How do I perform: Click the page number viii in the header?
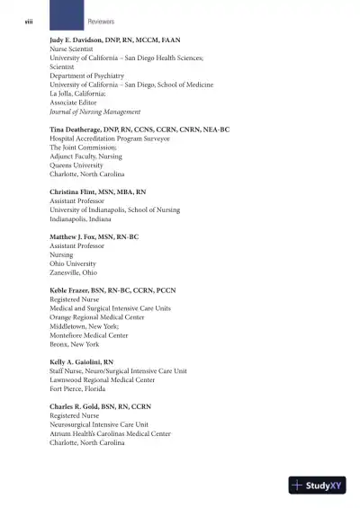click(x=28, y=20)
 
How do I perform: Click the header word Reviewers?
click(x=101, y=20)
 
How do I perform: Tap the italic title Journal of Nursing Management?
click(x=94, y=112)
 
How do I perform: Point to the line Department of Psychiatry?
click(x=86, y=76)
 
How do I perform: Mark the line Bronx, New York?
click(x=75, y=344)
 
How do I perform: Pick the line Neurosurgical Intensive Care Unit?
click(x=99, y=424)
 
